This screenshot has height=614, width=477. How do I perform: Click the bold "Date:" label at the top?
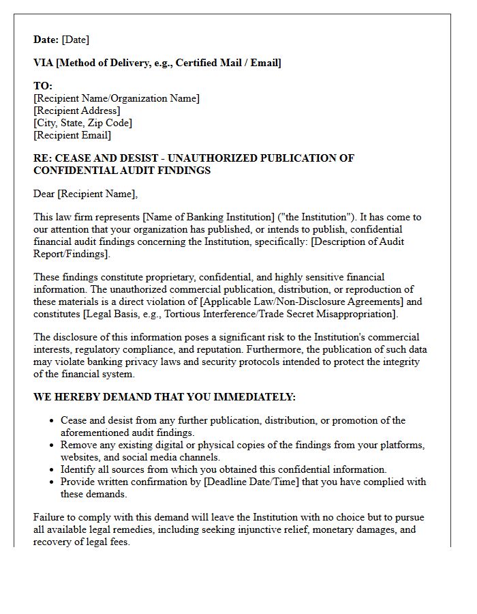(x=46, y=40)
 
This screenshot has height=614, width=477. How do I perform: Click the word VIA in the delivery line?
(x=44, y=63)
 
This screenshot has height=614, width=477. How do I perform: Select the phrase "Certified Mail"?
(x=206, y=63)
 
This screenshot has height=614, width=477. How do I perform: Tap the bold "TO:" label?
(x=43, y=86)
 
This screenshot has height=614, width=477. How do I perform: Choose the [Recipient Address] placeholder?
(x=77, y=111)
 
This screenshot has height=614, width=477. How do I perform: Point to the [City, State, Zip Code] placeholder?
(x=82, y=123)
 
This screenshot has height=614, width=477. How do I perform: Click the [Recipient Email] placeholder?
(x=72, y=135)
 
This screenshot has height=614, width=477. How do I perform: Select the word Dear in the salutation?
(x=44, y=194)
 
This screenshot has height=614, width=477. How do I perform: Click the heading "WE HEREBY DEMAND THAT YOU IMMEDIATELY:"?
(x=165, y=397)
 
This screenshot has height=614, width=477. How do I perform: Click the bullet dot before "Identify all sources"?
(x=52, y=469)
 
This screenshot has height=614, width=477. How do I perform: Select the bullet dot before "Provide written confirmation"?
(x=52, y=482)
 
